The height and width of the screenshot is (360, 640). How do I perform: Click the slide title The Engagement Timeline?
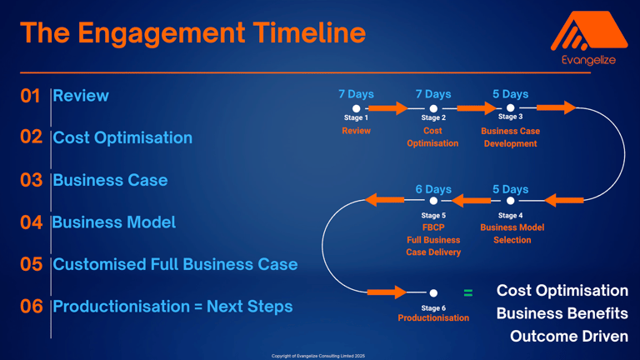[192, 32]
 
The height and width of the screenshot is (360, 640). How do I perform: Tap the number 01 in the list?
[30, 96]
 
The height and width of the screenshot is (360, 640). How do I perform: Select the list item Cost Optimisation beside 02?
[122, 137]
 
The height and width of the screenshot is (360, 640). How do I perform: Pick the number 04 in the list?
[31, 222]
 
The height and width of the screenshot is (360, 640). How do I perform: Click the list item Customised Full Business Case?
[175, 264]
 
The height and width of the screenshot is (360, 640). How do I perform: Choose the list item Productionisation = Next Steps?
[172, 307]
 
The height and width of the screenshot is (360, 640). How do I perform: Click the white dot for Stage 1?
[356, 108]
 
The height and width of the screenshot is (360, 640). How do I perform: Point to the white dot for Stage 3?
[510, 107]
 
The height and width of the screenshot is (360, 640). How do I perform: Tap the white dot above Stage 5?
[433, 201]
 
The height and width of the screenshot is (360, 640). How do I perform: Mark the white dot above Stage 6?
[433, 292]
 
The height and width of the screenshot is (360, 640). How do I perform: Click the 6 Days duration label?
[433, 189]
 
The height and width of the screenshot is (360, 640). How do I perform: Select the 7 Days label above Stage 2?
[433, 94]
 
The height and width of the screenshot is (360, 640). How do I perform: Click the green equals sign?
[468, 292]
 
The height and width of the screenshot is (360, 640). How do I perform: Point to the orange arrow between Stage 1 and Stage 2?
[387, 108]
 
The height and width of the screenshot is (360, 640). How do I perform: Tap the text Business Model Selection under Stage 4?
[512, 233]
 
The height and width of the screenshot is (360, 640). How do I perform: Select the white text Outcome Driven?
[569, 336]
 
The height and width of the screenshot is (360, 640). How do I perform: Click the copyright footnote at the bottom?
[318, 356]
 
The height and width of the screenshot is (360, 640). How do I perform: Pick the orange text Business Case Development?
[510, 137]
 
